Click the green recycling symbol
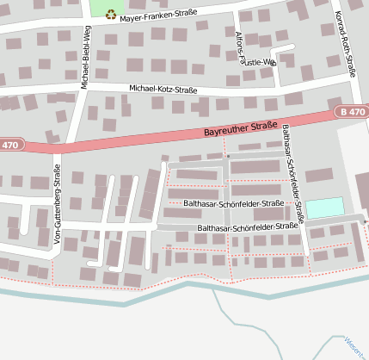tap(111, 14)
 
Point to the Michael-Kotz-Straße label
tap(163, 90)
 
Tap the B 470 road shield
tap(351, 112)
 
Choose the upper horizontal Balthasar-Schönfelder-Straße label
tap(233, 203)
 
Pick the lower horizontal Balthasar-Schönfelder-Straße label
tap(248, 227)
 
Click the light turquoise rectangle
tap(324, 208)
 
